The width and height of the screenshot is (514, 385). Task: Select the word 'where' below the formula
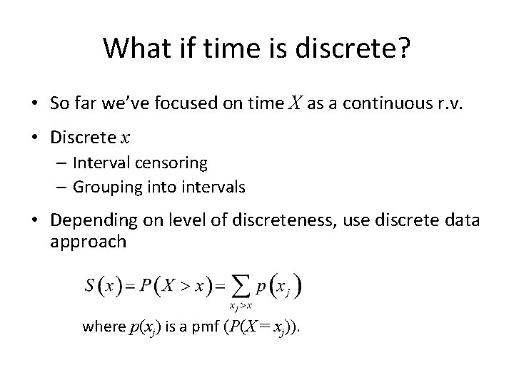[103, 327]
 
